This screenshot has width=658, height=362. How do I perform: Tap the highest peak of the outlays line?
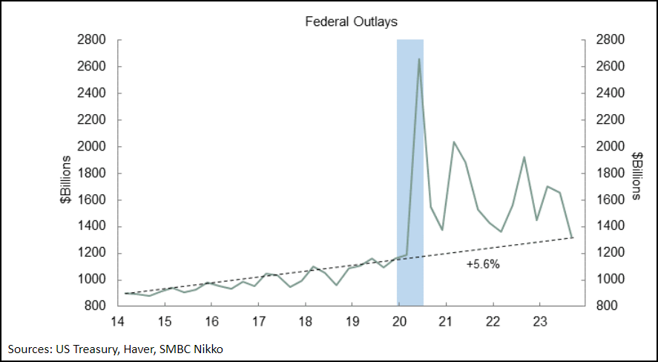(419, 59)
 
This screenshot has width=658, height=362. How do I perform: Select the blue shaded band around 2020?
(410, 171)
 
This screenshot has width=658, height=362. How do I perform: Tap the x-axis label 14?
(118, 321)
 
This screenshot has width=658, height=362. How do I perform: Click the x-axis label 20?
(399, 321)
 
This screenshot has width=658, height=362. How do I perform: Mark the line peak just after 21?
(454, 142)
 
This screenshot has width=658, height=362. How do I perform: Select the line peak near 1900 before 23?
(524, 157)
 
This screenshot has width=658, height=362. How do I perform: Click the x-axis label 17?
(258, 321)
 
